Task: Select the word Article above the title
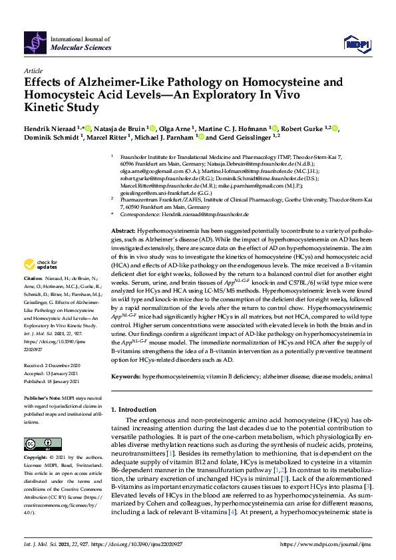coord(33,70)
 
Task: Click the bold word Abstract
coord(122,227)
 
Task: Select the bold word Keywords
coord(124,376)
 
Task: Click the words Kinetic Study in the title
coord(61,106)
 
